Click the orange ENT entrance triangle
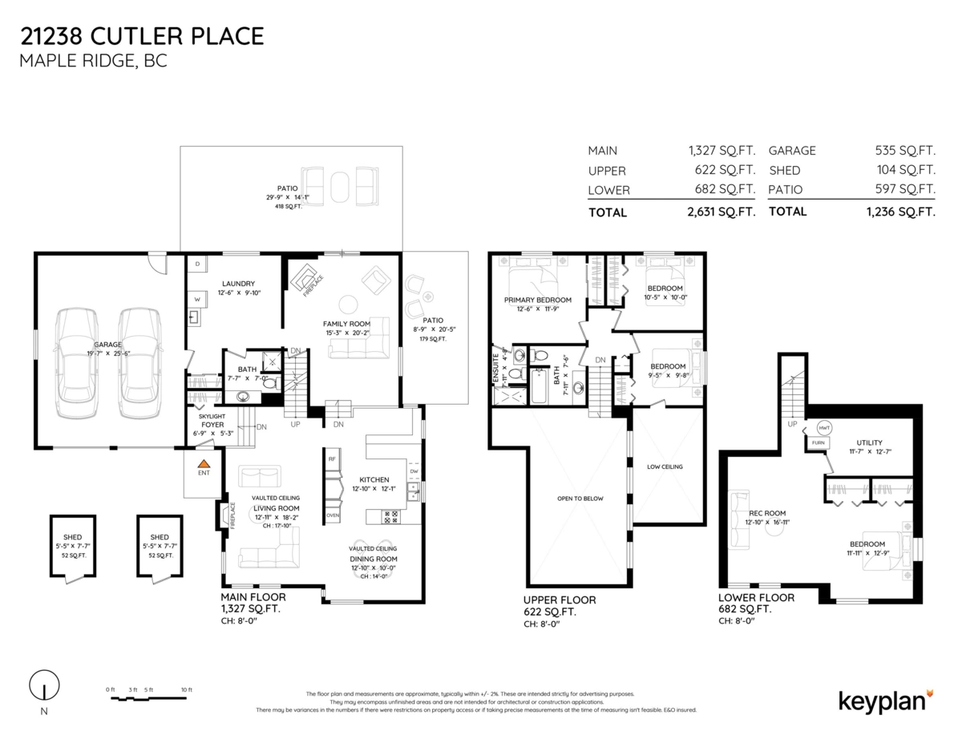point(204,463)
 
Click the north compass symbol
point(44,687)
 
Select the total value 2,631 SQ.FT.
point(721,212)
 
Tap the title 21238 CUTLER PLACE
point(142,36)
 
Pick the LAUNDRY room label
point(238,283)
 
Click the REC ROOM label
point(767,513)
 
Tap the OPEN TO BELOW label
point(580,498)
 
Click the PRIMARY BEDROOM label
point(537,300)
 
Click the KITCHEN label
point(374,479)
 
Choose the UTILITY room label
point(869,442)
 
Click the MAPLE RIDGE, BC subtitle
point(94,62)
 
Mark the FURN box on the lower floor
point(818,442)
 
